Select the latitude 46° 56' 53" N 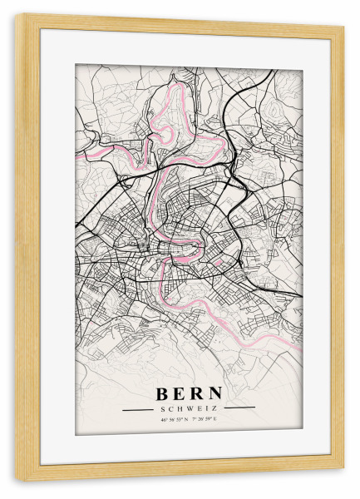coord(174,419)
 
